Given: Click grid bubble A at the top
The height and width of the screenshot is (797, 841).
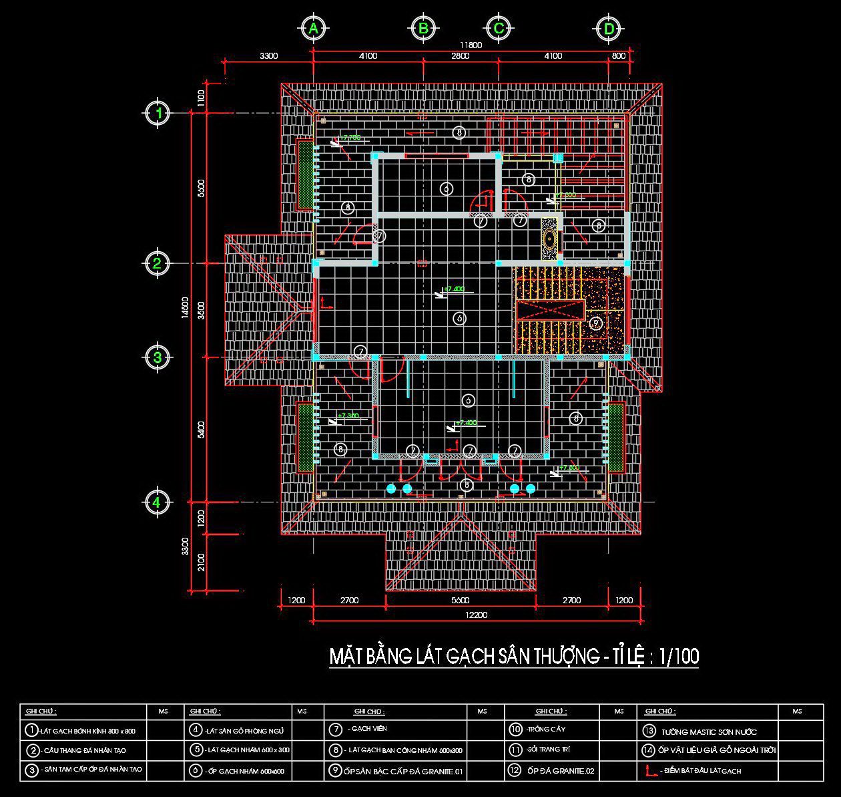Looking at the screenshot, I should coord(313,29).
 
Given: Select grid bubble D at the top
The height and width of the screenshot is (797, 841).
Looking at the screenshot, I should coord(609,29).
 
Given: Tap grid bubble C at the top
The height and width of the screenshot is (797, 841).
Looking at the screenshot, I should coord(499,29).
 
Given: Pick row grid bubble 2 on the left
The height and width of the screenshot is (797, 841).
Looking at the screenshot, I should coord(157,263).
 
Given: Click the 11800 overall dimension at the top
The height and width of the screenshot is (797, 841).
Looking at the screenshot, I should coord(470,45).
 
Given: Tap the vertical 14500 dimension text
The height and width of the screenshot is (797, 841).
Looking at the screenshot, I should coord(185,308).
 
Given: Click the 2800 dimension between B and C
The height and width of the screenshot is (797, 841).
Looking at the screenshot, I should coord(460,56).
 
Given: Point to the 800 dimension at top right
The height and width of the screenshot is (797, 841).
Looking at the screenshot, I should coord(619,56).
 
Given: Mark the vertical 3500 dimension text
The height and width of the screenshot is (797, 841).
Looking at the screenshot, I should coord(202,310).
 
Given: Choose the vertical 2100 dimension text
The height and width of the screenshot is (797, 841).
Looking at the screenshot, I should coord(202,563).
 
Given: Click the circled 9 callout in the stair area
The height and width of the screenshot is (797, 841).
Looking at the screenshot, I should coord(596,323).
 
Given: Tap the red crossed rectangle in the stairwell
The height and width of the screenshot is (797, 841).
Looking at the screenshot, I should coord(550,310).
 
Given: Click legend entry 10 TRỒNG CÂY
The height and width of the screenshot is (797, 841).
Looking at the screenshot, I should coord(539,730).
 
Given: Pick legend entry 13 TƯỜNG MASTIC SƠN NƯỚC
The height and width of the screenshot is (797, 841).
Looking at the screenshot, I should coord(701,732).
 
